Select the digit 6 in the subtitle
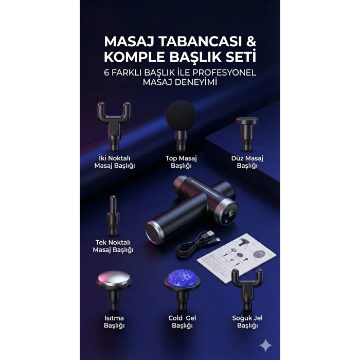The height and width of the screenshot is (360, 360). [106, 73]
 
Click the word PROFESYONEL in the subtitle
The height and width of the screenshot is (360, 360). [224, 73]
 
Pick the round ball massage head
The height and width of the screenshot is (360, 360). [181, 115]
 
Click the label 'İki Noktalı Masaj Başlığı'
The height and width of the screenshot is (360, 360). [114, 162]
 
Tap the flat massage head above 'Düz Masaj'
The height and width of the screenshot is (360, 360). [247, 133]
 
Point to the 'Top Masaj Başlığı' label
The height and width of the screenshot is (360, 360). [181, 162]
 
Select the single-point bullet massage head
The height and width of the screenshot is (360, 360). [113, 216]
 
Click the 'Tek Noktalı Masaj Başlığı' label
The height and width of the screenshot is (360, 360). [113, 246]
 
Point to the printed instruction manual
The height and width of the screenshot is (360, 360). [237, 257]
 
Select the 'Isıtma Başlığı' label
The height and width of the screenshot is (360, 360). [114, 321]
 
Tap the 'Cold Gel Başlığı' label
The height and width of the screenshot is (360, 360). [182, 321]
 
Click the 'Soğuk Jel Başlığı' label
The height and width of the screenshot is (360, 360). [247, 321]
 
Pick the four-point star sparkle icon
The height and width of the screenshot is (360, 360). [266, 345]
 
